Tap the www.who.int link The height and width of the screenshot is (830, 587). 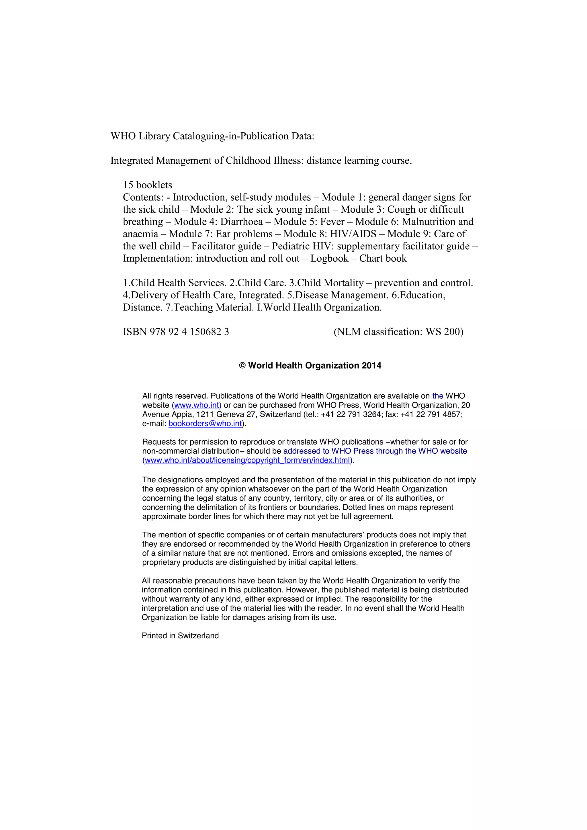pos(197,405)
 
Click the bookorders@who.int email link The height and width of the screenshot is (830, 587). pos(205,424)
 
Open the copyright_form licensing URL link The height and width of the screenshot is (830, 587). pos(248,460)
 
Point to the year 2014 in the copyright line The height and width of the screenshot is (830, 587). pos(371,365)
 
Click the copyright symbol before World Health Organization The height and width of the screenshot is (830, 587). pos(242,366)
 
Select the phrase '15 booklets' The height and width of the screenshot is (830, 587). pos(148,185)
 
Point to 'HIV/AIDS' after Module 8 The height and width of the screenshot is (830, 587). pos(353,234)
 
